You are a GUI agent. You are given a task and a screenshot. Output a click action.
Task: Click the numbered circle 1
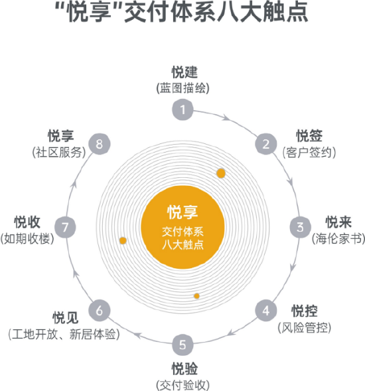183,110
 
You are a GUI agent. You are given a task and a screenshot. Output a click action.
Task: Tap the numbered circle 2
266,144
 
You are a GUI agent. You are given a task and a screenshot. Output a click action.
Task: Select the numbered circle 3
300,227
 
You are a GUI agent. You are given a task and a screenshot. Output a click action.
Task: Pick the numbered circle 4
266,311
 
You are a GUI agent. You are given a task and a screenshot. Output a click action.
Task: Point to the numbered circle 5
183,345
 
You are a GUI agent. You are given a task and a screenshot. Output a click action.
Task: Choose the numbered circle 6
100,311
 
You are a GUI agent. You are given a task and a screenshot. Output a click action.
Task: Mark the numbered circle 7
65,227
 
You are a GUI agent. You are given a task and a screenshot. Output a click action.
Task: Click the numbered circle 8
100,144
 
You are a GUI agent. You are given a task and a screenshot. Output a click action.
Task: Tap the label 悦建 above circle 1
184,72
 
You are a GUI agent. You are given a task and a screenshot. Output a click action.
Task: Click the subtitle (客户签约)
309,152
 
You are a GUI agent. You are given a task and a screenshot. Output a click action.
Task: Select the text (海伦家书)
338,238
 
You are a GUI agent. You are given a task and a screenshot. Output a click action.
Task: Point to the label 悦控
305,311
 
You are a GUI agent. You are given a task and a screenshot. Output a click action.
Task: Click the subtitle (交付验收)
183,385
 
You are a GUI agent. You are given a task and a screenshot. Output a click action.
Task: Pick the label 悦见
66,318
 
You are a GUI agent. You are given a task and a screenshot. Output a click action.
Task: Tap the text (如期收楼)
27,238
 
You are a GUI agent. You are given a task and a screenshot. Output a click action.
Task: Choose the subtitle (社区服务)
59,152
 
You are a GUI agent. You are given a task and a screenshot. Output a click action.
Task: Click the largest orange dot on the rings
221,173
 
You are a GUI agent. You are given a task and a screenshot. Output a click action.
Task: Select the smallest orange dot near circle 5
196,296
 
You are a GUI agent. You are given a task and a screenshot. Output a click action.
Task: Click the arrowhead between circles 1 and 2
226,117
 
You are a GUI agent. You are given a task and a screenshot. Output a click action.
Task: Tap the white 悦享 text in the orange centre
183,212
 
